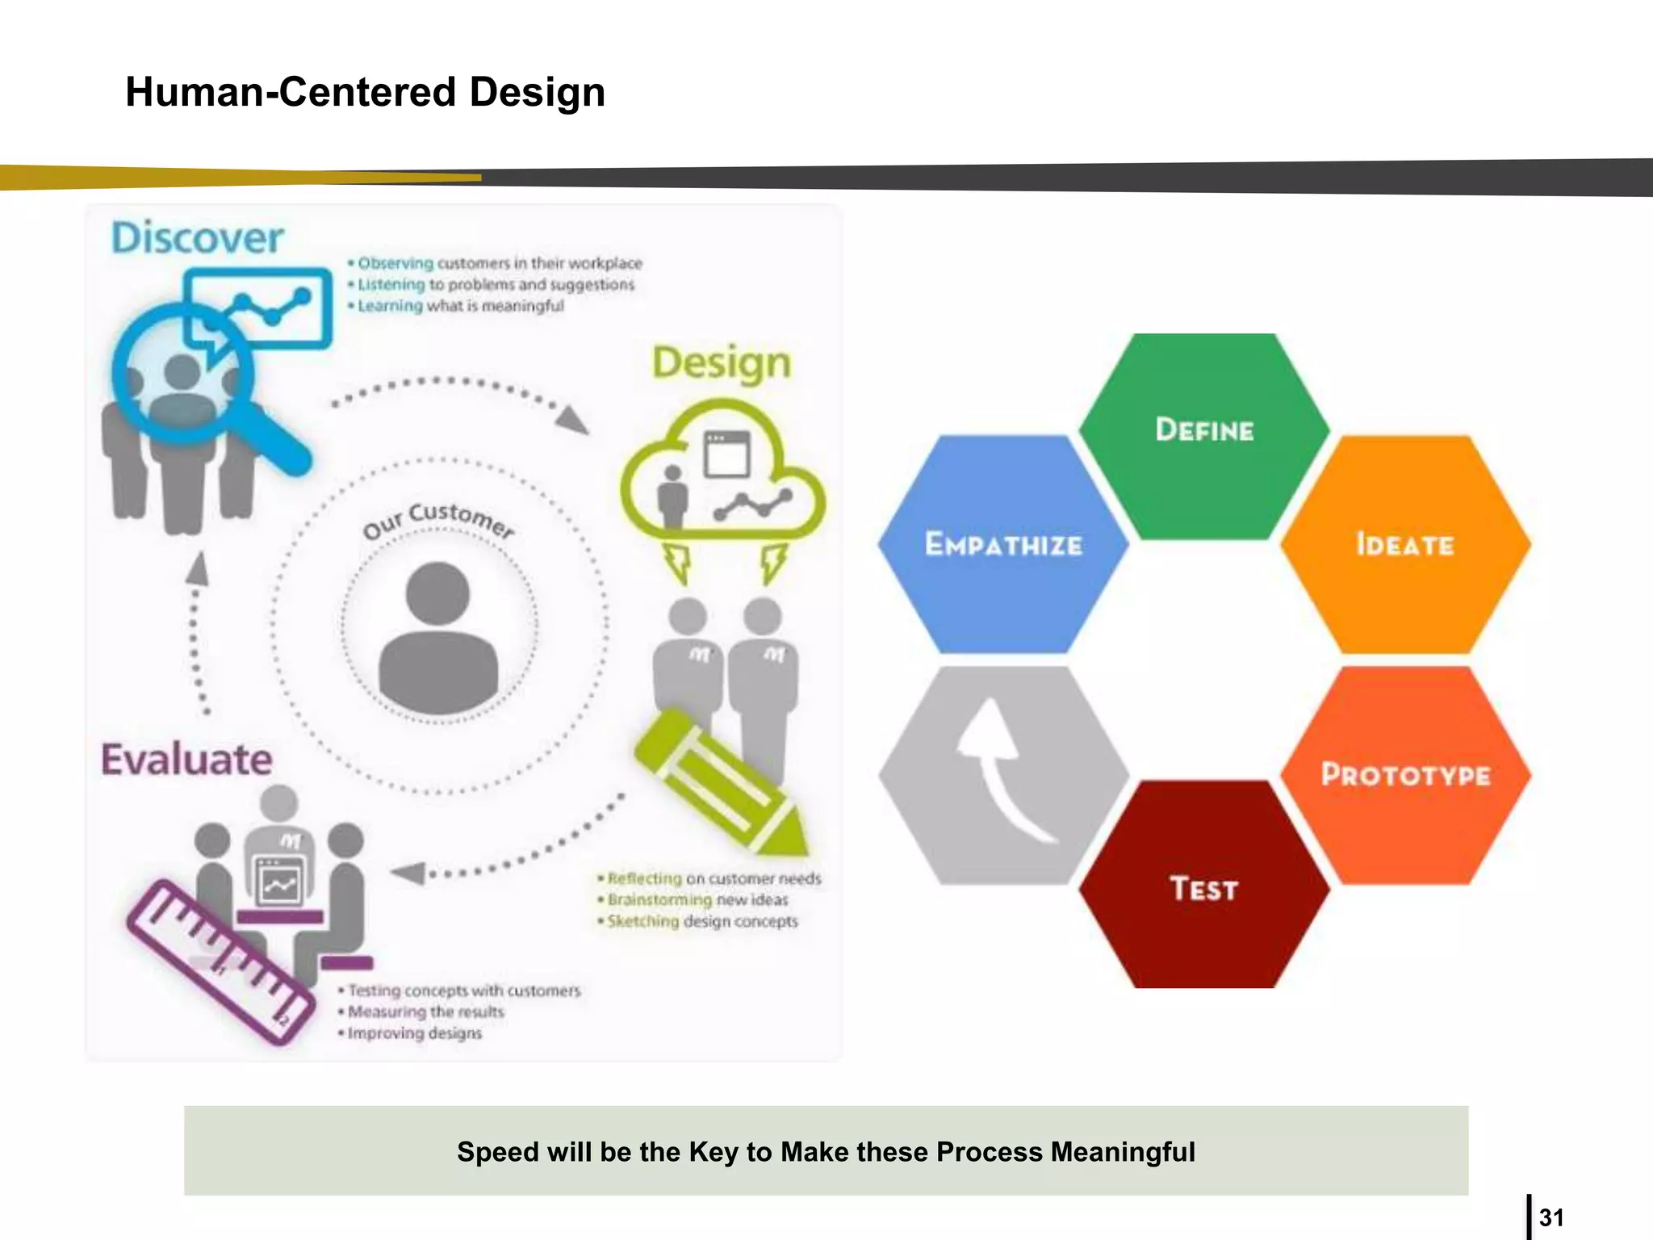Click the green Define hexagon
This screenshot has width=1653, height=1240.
[1203, 436]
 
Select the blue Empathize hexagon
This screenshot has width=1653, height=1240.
[1002, 545]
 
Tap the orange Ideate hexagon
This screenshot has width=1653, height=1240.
[1405, 545]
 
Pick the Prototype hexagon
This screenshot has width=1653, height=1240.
[1405, 775]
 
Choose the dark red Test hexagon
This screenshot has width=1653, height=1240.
[1203, 888]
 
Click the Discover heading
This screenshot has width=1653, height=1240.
[197, 238]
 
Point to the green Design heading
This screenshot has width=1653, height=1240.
[721, 363]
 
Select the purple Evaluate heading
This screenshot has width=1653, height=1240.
[186, 760]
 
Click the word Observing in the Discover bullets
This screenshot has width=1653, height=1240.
[395, 263]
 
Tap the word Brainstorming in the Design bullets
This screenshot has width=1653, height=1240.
[659, 899]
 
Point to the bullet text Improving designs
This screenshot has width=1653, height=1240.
[414, 1033]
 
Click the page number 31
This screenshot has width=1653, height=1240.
[1550, 1217]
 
